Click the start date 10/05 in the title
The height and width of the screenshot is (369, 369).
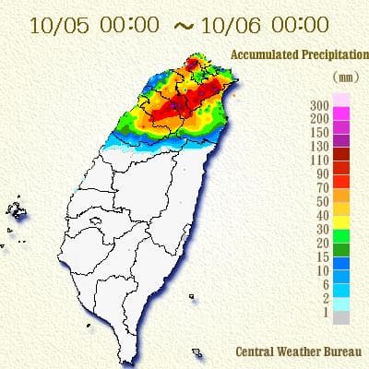coord(54,24)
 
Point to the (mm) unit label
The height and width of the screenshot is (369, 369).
coord(340,78)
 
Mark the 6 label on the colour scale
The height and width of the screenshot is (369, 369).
coord(324,285)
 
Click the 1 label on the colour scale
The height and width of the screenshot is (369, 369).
coord(324,314)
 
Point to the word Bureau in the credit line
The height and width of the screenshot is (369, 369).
coord(342,351)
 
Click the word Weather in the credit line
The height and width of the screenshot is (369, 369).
coord(299,351)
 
